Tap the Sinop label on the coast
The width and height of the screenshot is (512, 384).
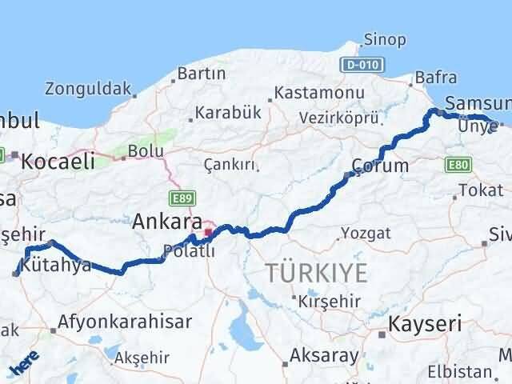[x=384, y=39]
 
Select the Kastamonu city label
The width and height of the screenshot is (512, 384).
[x=318, y=94]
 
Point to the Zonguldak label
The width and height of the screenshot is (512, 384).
[x=88, y=88]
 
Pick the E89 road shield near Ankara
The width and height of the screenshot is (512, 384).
[x=180, y=196]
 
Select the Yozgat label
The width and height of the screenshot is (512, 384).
[x=366, y=233]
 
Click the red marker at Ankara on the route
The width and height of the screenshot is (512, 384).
[x=208, y=233]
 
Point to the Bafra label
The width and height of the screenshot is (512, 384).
[x=436, y=78]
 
